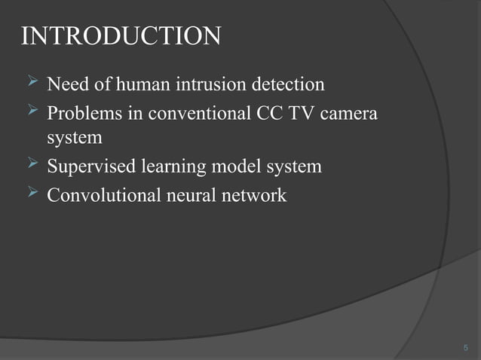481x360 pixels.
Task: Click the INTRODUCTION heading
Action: pyautogui.click(x=121, y=36)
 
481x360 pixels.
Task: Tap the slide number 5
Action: pyautogui.click(x=465, y=347)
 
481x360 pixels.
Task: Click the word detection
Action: pyautogui.click(x=286, y=84)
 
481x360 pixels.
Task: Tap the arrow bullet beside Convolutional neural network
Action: pyautogui.click(x=32, y=194)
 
